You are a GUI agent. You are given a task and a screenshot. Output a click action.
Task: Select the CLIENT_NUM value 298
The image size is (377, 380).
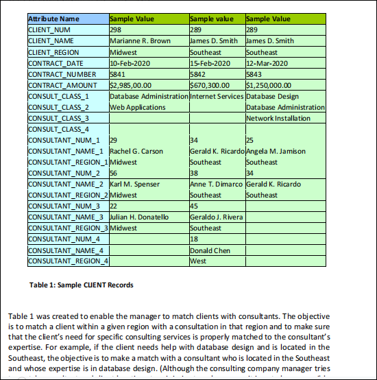click(116, 30)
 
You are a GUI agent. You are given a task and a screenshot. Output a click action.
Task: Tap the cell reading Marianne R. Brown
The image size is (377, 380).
click(140, 41)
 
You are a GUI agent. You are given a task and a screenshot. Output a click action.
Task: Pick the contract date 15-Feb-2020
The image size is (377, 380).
click(209, 63)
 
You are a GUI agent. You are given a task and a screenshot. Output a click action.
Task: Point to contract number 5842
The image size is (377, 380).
click(197, 74)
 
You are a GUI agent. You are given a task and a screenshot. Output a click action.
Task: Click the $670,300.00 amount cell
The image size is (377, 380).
click(213, 85)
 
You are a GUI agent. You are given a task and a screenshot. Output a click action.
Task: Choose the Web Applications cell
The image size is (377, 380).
click(138, 107)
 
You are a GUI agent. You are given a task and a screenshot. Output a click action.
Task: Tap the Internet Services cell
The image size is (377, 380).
click(216, 96)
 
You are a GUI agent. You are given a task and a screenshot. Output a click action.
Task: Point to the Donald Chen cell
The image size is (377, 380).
click(210, 250)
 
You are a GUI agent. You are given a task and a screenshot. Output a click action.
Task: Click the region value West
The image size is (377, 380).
click(198, 261)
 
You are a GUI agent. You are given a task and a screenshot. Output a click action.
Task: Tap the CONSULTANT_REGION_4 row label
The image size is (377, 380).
click(68, 261)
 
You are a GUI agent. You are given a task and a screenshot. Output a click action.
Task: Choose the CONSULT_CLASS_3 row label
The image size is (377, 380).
click(58, 118)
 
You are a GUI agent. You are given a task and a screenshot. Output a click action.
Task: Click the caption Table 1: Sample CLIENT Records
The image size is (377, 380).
click(82, 285)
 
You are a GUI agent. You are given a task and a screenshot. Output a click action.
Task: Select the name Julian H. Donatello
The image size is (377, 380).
click(139, 217)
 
